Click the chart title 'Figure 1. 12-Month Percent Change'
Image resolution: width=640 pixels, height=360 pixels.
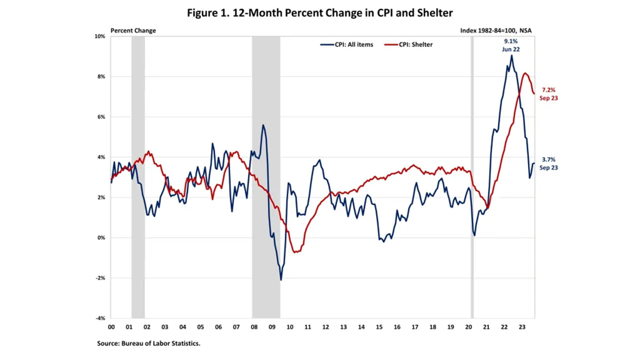pyautogui.click(x=320, y=13)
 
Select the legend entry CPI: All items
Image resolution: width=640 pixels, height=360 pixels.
pyautogui.click(x=347, y=44)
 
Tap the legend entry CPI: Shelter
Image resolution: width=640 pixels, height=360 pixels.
pyautogui.click(x=409, y=44)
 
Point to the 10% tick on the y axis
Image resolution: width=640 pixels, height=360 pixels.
pyautogui.click(x=100, y=36)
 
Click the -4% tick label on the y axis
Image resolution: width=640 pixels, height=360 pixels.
pyautogui.click(x=100, y=318)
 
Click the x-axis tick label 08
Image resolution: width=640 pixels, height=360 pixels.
pyautogui.click(x=254, y=327)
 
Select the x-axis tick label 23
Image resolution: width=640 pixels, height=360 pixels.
pyautogui.click(x=521, y=327)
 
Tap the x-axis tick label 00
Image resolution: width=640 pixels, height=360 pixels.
pyautogui.click(x=111, y=327)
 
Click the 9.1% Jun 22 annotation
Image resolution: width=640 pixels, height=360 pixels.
pyautogui.click(x=510, y=45)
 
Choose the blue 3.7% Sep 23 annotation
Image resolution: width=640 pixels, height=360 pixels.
pyautogui.click(x=548, y=163)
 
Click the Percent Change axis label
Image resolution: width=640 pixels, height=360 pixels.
pyautogui.click(x=133, y=30)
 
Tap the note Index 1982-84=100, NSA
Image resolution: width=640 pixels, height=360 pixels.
pyautogui.click(x=495, y=30)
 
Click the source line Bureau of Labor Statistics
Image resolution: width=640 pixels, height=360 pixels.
pyautogui.click(x=148, y=343)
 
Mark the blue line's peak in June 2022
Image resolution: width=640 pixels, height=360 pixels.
pyautogui.click(x=511, y=55)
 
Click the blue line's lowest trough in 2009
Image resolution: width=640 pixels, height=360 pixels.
pyautogui.click(x=281, y=279)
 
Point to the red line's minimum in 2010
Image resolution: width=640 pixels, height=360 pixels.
pyautogui.click(x=295, y=252)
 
